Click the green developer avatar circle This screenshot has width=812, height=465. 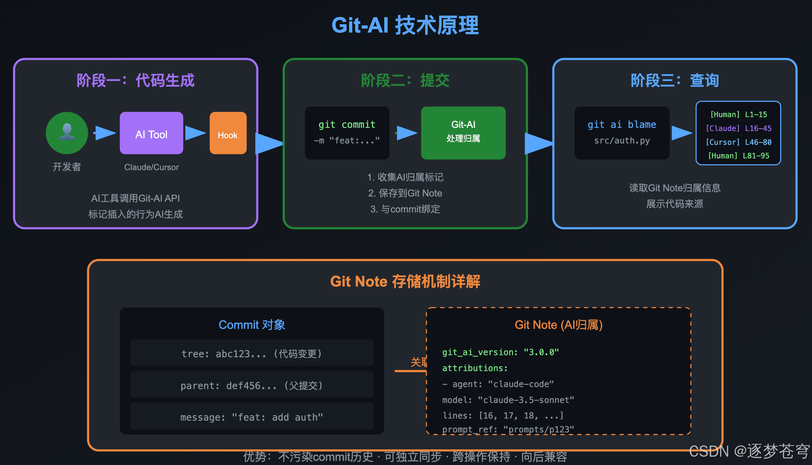(x=67, y=133)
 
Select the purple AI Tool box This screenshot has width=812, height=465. (x=151, y=133)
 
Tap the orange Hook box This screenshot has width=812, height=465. (x=228, y=133)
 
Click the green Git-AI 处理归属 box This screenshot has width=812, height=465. (x=463, y=133)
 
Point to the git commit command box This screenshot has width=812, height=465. (x=347, y=133)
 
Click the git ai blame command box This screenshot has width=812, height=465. (x=622, y=133)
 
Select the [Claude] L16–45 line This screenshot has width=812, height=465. (x=739, y=129)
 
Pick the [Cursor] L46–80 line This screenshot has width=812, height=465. (x=739, y=142)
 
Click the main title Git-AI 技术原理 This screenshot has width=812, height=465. (x=405, y=25)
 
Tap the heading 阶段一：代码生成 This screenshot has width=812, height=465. (x=135, y=81)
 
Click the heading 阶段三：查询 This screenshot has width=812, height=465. (x=675, y=81)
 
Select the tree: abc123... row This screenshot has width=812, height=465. (x=252, y=353)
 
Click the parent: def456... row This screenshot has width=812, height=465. (x=252, y=385)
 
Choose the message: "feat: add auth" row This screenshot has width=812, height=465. (x=252, y=417)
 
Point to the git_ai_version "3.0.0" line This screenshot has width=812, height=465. (x=501, y=352)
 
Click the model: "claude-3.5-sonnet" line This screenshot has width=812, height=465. (x=508, y=400)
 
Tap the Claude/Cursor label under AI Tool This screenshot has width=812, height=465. (x=151, y=167)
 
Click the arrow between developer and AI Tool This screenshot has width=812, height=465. (x=105, y=133)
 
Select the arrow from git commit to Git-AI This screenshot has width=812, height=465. (x=406, y=133)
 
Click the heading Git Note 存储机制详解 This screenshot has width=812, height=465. (x=405, y=281)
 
